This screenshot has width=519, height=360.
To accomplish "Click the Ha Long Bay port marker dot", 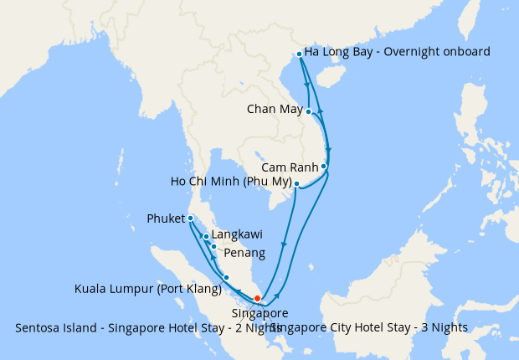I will click(x=299, y=54).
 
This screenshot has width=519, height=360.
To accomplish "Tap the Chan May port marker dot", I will click(x=309, y=111).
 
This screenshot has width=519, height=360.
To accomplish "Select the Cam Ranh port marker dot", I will click(x=324, y=167).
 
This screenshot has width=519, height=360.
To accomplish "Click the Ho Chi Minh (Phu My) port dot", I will click(x=296, y=183).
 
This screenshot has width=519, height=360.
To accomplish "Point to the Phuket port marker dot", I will click(x=191, y=219).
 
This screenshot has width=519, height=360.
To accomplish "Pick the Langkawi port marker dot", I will click(x=206, y=237).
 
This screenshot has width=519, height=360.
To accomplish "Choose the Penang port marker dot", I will click(x=213, y=246).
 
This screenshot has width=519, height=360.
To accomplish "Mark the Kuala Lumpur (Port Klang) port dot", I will click(x=226, y=277).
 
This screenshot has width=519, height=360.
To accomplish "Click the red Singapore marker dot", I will click(x=257, y=299).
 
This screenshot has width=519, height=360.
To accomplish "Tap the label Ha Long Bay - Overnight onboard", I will click(x=397, y=52).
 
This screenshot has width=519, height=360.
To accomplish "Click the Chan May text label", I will click(x=275, y=109).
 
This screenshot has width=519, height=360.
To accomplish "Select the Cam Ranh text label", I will click(x=290, y=167).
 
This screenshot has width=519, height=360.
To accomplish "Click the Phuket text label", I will click(x=166, y=219).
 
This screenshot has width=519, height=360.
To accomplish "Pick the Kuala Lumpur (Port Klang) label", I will click(x=147, y=290).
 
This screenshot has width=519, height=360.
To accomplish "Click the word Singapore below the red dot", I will click(x=254, y=313).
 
